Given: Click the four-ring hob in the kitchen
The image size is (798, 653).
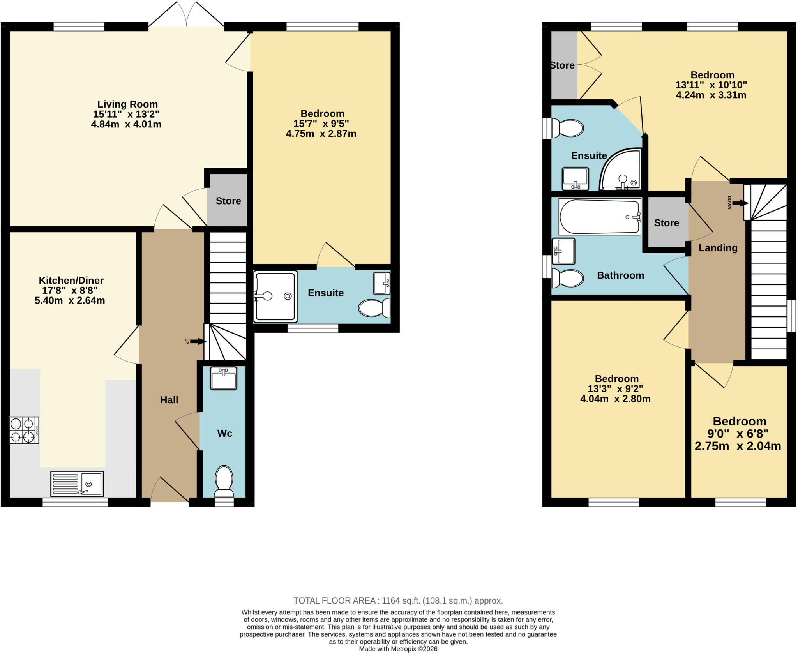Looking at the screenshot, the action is (x=24, y=430).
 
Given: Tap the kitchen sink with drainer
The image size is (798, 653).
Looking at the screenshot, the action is (x=77, y=484).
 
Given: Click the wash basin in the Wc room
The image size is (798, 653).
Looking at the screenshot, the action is (x=223, y=378).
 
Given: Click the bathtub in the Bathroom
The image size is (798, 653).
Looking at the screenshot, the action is (x=600, y=217).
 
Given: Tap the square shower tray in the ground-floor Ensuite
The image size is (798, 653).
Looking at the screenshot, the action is (x=275, y=296).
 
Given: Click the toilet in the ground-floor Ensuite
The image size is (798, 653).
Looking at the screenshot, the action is (x=374, y=308).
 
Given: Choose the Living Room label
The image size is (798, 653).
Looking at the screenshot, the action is (x=127, y=104).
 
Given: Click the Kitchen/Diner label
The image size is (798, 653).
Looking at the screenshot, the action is (x=71, y=280).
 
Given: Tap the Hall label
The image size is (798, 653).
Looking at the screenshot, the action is (x=169, y=400).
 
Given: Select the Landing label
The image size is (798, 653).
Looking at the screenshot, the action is (x=718, y=248).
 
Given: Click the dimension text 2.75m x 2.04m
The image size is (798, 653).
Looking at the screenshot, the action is (x=738, y=446).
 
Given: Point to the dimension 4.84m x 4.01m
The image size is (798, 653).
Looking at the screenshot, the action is (x=126, y=124).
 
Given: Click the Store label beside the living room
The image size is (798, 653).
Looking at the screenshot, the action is (x=228, y=201).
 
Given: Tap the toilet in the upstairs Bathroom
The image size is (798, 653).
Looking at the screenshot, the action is (x=568, y=278).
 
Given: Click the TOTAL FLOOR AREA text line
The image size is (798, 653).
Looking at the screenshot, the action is (x=398, y=600).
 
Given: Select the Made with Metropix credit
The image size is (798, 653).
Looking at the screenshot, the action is (x=398, y=649).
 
